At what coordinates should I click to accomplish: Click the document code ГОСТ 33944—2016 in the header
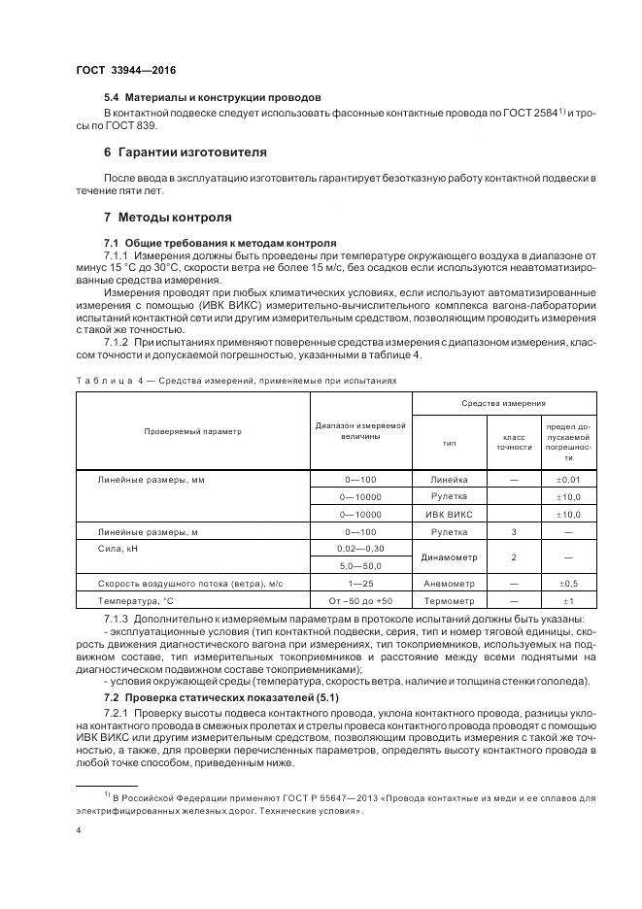[x=125, y=71]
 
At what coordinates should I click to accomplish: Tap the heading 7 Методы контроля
[x=167, y=217]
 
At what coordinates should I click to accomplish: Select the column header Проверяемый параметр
[x=193, y=430]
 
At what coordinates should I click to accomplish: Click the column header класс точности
[x=514, y=443]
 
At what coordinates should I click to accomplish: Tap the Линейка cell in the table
[x=449, y=480]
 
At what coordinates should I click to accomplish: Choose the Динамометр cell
[x=449, y=557]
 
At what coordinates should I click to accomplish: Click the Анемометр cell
[x=449, y=584]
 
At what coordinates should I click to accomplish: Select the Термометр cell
[x=449, y=601]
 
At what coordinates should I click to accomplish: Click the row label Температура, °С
[x=134, y=601]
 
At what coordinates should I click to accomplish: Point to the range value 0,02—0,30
[x=359, y=549]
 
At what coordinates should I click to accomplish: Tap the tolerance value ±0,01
[x=568, y=480]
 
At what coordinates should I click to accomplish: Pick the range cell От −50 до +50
[x=359, y=601]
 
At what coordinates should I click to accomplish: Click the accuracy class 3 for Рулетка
[x=514, y=531]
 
